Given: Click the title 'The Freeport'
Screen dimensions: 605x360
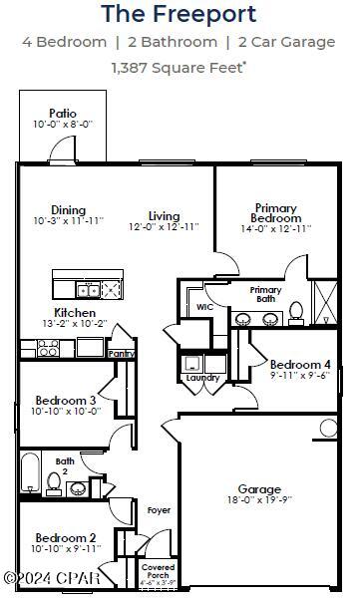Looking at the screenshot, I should (x=180, y=14).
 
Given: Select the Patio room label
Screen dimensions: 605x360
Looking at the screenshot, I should (x=63, y=114).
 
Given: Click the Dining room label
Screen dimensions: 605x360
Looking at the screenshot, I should (x=68, y=210).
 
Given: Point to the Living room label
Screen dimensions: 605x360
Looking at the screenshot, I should (x=164, y=216).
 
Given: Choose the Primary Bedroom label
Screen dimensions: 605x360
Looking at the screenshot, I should (x=275, y=212).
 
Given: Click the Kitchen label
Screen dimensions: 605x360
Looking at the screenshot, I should (x=74, y=312).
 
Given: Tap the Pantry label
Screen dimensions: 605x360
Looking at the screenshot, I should (x=122, y=353).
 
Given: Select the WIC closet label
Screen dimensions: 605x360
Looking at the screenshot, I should (x=204, y=307).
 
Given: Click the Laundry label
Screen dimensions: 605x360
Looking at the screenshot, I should (x=202, y=378).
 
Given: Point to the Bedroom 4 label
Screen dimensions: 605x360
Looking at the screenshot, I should (x=300, y=364).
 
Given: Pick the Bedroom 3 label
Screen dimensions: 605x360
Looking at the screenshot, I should (x=66, y=400).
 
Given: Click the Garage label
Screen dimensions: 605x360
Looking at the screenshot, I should (x=259, y=489).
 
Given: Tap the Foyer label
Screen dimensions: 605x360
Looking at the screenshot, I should (x=159, y=510).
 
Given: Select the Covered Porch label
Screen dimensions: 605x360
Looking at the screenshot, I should (x=158, y=571).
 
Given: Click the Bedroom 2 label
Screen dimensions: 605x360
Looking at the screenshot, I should (x=66, y=537).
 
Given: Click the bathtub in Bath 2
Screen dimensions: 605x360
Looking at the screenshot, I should (x=29, y=476).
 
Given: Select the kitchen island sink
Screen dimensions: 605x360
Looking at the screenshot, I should (x=88, y=289).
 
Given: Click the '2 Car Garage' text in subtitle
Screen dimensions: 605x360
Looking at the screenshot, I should (x=290, y=42).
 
